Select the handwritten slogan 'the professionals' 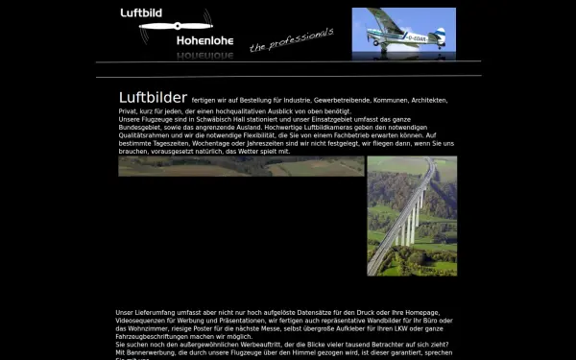pos(291,40)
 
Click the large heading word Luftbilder pos(153,98)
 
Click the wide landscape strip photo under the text pos(240,166)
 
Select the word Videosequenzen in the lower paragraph pos(145,321)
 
